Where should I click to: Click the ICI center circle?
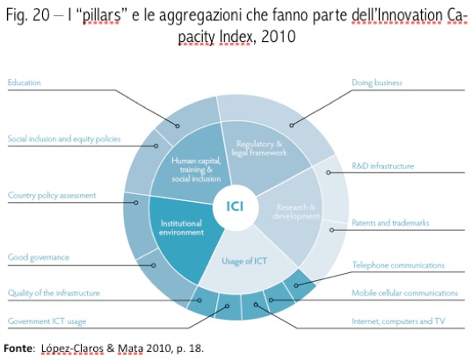pyautogui.click(x=235, y=207)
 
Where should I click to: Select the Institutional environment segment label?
pyautogui.click(x=181, y=227)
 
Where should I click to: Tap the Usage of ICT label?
pyautogui.click(x=244, y=261)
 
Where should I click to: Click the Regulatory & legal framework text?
pyautogui.click(x=259, y=148)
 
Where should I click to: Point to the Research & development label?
pyautogui.click(x=296, y=212)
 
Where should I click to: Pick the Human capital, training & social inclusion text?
pyautogui.click(x=196, y=169)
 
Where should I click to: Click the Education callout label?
pyautogui.click(x=24, y=83)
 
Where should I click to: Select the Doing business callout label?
pyautogui.click(x=377, y=83)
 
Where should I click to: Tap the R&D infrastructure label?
pyautogui.click(x=383, y=166)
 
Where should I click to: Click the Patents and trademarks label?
pyautogui.click(x=390, y=222)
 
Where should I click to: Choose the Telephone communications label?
pyautogui.click(x=398, y=265)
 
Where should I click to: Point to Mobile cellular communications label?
pyautogui.click(x=405, y=292)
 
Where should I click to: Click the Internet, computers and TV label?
pyautogui.click(x=398, y=321)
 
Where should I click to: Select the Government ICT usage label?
pyautogui.click(x=47, y=321)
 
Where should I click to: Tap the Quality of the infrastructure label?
pyautogui.click(x=54, y=293)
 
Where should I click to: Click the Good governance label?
pyautogui.click(x=38, y=257)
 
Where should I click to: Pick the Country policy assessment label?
pyautogui.click(x=52, y=196)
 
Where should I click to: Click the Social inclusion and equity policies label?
pyautogui.click(x=64, y=139)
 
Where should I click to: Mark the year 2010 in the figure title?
pyautogui.click(x=279, y=37)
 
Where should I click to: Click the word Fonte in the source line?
pyautogui.click(x=18, y=349)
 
